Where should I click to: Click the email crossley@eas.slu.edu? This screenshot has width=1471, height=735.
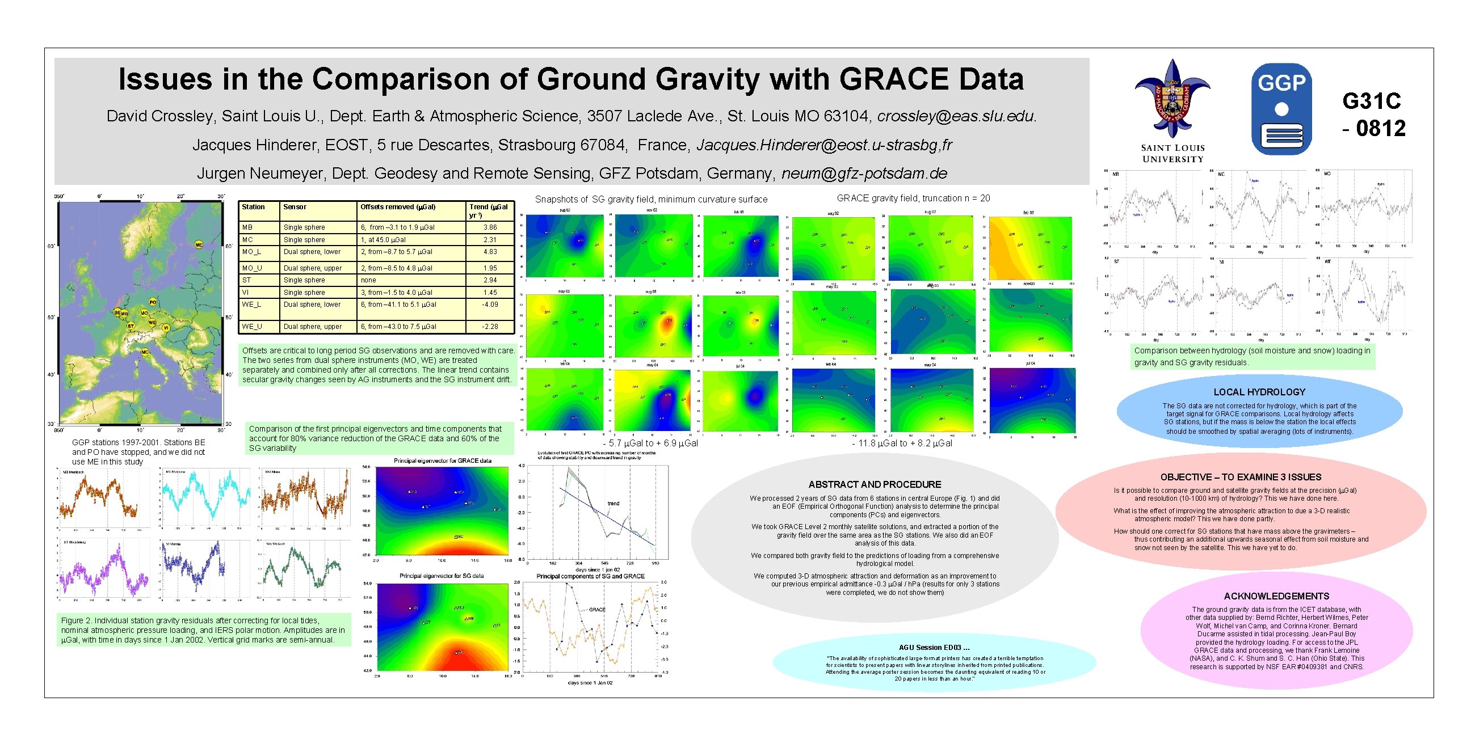[956, 116]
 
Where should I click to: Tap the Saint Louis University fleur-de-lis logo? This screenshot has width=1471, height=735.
[1172, 100]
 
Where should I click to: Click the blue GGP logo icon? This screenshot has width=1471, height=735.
[1281, 109]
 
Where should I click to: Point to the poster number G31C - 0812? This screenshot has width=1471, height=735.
[1372, 115]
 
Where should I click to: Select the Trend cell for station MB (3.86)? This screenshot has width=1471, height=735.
[490, 227]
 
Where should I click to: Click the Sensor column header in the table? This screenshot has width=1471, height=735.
[295, 207]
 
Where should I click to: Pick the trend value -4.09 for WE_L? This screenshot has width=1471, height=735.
[490, 305]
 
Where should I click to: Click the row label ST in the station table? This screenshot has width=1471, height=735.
[247, 280]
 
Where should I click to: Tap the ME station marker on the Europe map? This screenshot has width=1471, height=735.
[199, 244]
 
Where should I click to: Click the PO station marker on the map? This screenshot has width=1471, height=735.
[153, 302]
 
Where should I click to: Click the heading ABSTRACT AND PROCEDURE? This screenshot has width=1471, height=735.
[875, 484]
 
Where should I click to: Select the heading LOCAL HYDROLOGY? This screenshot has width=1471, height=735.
[1259, 392]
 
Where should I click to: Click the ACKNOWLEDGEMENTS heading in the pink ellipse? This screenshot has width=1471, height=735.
[1276, 595]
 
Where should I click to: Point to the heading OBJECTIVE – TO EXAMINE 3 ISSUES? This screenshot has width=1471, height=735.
[1240, 477]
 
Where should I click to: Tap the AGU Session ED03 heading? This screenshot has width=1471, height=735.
[934, 647]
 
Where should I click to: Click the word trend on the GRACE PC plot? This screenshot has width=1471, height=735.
[613, 503]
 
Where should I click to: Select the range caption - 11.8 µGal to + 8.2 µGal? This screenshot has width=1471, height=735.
[902, 443]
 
